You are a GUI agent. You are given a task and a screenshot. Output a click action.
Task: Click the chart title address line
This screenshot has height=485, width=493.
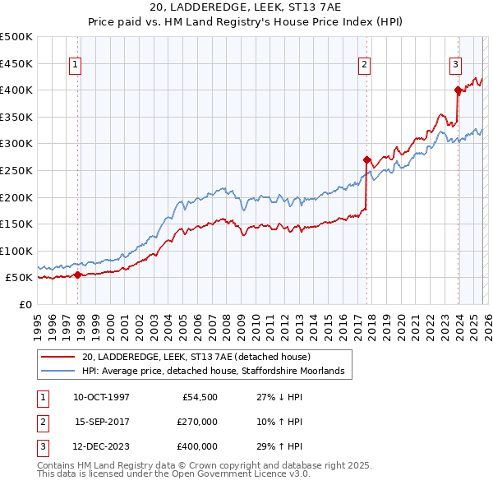pyautogui.click(x=246, y=7)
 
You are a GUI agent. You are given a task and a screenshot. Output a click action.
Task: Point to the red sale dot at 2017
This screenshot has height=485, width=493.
pyautogui.click(x=367, y=159)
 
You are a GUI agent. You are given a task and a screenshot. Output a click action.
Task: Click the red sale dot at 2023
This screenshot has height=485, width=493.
pyautogui.click(x=458, y=90)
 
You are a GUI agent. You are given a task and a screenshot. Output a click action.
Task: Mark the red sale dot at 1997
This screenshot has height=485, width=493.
pyautogui.click(x=78, y=275)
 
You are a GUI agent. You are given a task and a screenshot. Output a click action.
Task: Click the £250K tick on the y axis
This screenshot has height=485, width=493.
pyautogui.click(x=16, y=170)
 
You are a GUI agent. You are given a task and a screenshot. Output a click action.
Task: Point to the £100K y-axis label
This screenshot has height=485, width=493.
pyautogui.click(x=16, y=251)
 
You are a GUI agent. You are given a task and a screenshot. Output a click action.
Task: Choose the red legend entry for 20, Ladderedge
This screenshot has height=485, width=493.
pyautogui.click(x=196, y=357)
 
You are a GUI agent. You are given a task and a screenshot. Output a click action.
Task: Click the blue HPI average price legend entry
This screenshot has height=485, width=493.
pyautogui.click(x=217, y=372)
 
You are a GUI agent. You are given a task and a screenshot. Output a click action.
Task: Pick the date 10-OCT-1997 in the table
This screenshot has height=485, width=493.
pyautogui.click(x=101, y=396)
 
